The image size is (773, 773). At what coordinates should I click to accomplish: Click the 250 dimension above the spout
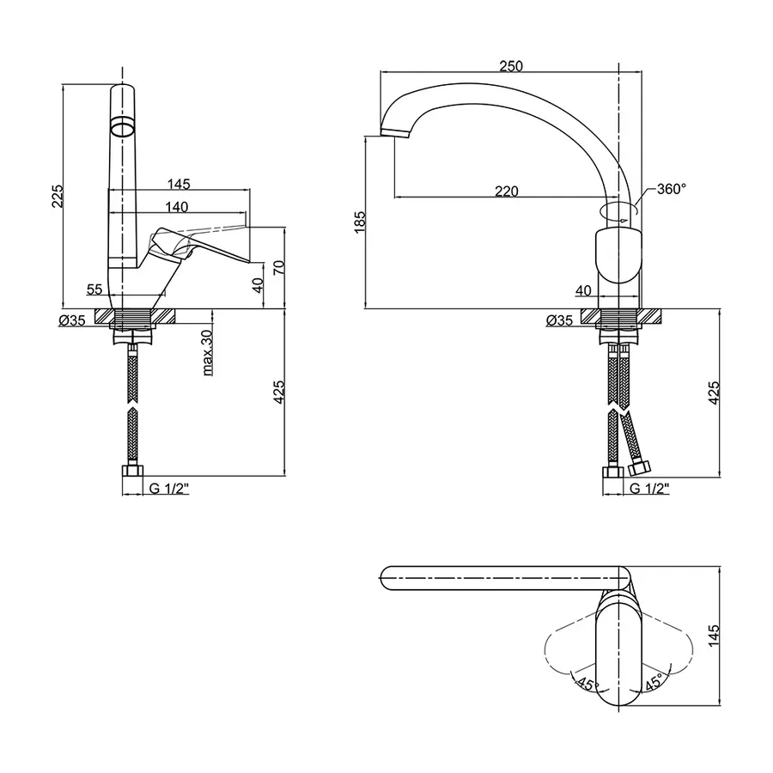click(511, 66)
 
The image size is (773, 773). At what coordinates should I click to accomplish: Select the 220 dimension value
click(506, 191)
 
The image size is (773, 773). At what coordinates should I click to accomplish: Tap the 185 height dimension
click(361, 222)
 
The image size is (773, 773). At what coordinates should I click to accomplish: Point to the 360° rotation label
click(672, 189)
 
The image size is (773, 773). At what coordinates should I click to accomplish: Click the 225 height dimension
click(58, 196)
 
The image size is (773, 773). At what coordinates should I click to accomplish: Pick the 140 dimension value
click(176, 206)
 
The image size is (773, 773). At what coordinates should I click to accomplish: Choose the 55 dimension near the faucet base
click(94, 289)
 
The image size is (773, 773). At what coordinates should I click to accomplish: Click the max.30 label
click(208, 352)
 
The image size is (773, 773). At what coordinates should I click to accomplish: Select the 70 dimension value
click(279, 267)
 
